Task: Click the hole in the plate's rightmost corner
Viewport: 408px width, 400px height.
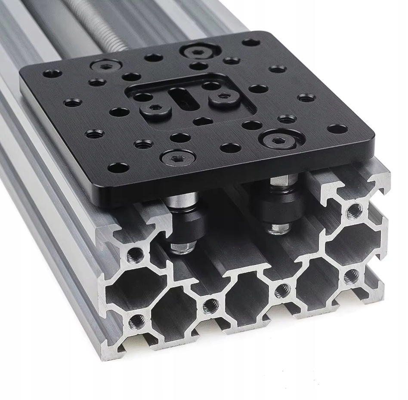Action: click(x=337, y=129)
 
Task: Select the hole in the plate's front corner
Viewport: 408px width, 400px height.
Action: click(x=117, y=167)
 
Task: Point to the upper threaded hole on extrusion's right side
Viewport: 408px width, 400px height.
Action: click(x=355, y=211)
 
